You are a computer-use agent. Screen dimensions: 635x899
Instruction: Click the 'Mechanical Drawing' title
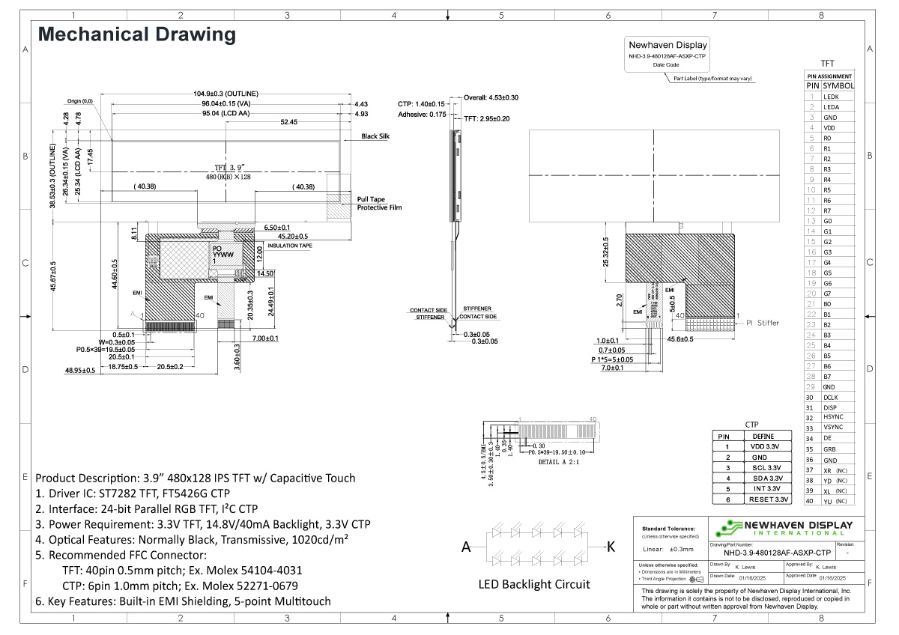click(x=137, y=34)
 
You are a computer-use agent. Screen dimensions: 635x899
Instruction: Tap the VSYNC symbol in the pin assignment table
click(x=833, y=428)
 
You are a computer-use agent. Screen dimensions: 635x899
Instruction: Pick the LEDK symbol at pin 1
click(x=831, y=97)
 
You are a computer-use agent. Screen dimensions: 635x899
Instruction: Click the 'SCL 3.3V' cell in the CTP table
click(x=765, y=467)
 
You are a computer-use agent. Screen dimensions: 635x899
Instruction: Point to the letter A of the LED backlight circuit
click(x=466, y=547)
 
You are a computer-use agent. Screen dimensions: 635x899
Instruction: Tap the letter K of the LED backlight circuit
click(x=611, y=547)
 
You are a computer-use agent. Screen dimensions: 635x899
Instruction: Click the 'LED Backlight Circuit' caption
click(x=534, y=584)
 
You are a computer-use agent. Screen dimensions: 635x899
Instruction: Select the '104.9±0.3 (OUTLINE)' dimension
click(x=225, y=94)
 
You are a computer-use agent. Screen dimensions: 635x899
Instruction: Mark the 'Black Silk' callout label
click(x=375, y=136)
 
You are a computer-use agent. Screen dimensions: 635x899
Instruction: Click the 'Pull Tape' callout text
click(x=371, y=199)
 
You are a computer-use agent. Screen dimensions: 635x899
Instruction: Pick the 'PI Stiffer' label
click(x=763, y=323)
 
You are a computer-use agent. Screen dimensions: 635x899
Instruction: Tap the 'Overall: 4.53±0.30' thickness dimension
click(x=491, y=97)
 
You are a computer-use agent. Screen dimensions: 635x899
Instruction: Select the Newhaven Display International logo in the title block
click(x=784, y=527)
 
